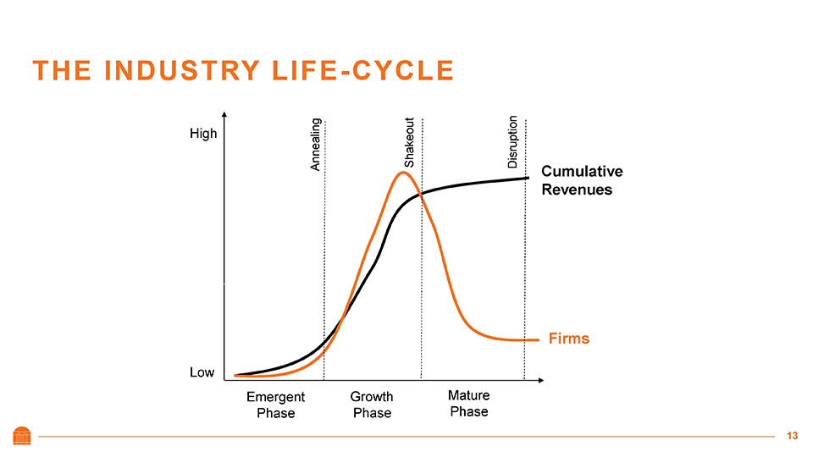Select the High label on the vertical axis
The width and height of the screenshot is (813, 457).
click(x=203, y=134)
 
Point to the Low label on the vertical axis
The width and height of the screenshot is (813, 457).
click(x=202, y=372)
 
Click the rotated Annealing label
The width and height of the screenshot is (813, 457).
click(x=315, y=144)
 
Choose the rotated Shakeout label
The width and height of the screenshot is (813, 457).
click(x=409, y=141)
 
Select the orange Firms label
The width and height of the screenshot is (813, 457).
click(x=567, y=339)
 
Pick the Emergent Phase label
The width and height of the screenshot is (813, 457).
click(x=275, y=405)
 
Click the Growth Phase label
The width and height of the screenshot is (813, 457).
click(x=372, y=405)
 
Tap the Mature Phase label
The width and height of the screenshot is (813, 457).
click(x=469, y=403)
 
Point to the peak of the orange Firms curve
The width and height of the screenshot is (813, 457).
click(x=404, y=173)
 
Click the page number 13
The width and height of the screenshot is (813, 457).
click(x=792, y=436)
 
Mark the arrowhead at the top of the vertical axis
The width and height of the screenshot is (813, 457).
click(x=224, y=115)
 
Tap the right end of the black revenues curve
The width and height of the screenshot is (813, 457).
click(x=528, y=178)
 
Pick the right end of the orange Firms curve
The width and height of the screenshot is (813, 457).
click(x=537, y=340)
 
